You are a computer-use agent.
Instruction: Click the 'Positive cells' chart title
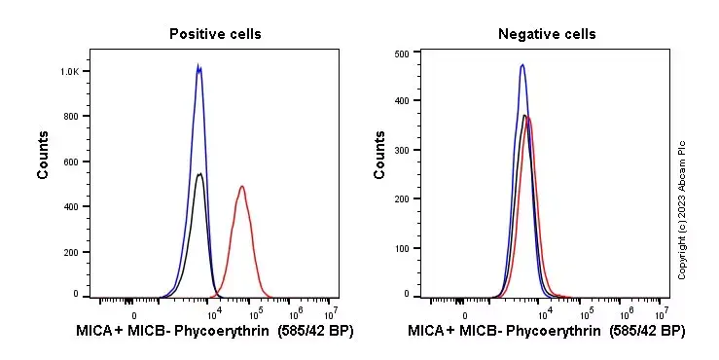click(215, 34)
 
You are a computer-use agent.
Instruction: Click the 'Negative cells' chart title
click(547, 34)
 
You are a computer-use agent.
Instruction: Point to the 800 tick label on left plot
click(72, 116)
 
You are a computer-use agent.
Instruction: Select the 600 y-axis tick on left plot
click(72, 161)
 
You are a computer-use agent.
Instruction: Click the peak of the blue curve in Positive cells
click(198, 66)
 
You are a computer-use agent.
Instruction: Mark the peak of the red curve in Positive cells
click(241, 186)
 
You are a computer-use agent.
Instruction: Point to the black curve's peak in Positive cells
click(199, 174)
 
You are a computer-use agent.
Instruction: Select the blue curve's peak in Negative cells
click(522, 64)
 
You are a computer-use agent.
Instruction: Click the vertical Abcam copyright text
click(682, 209)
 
